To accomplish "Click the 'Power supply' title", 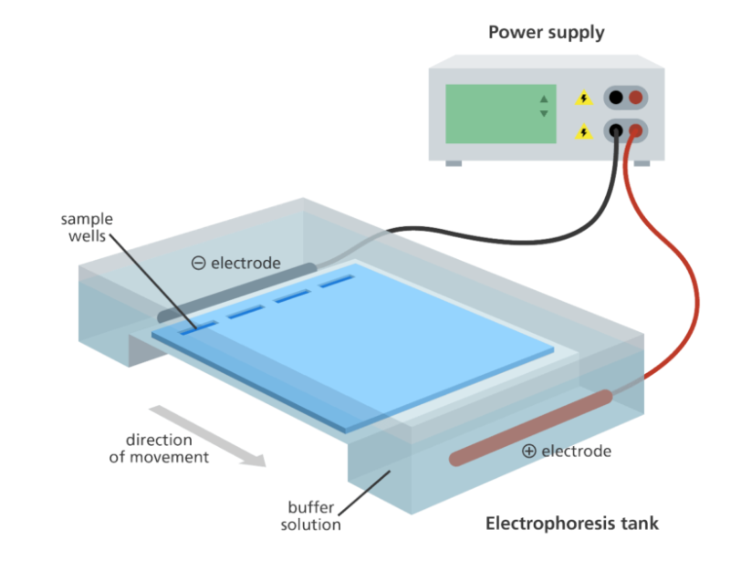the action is [x=546, y=33].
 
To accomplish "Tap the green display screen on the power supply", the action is [x=500, y=114].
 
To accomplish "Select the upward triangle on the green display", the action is [x=544, y=99].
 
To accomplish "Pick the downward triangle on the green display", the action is [x=544, y=113].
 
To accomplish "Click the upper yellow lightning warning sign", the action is [x=584, y=98].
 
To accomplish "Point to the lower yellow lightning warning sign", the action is [x=584, y=131].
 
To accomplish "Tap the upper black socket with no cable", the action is [x=616, y=98].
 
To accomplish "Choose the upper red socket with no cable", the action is [x=636, y=98].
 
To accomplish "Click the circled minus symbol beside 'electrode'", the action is [x=199, y=263].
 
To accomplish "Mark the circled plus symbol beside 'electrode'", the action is [x=528, y=451].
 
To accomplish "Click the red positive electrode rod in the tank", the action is [x=531, y=428].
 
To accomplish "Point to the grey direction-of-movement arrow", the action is [x=207, y=436].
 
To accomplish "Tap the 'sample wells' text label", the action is [x=87, y=227].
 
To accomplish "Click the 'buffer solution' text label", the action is [x=310, y=515].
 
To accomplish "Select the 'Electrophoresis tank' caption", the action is [x=572, y=524].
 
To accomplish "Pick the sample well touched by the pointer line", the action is [x=199, y=327].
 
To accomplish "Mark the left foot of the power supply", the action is [x=454, y=163].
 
